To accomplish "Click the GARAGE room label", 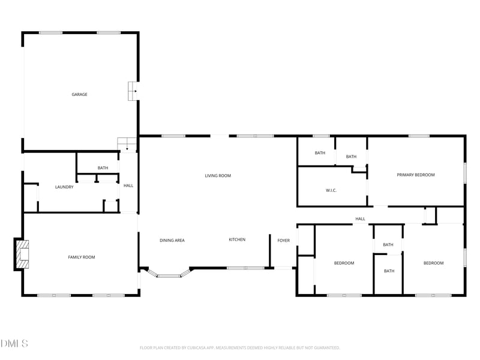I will [x=80, y=94].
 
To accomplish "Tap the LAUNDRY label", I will [x=64, y=187].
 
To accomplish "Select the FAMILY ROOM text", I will [x=81, y=257].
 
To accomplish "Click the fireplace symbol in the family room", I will [x=22, y=254].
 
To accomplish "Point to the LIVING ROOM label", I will [x=218, y=176].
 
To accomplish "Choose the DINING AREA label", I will [x=172, y=240].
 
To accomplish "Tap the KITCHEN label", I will [x=237, y=240].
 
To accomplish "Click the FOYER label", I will [x=283, y=241].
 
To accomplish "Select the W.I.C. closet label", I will [x=331, y=191].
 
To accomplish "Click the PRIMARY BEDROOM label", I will [x=416, y=175].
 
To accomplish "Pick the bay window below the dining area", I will [x=169, y=275].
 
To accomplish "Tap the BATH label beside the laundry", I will [x=103, y=168].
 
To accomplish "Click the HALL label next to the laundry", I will [x=128, y=186].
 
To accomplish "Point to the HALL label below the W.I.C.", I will [x=360, y=219].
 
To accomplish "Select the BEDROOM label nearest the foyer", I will [x=344, y=263].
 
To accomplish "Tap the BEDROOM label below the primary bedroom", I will [x=433, y=263].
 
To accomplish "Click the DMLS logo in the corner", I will [x=14, y=344].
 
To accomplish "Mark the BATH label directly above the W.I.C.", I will [x=320, y=153].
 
